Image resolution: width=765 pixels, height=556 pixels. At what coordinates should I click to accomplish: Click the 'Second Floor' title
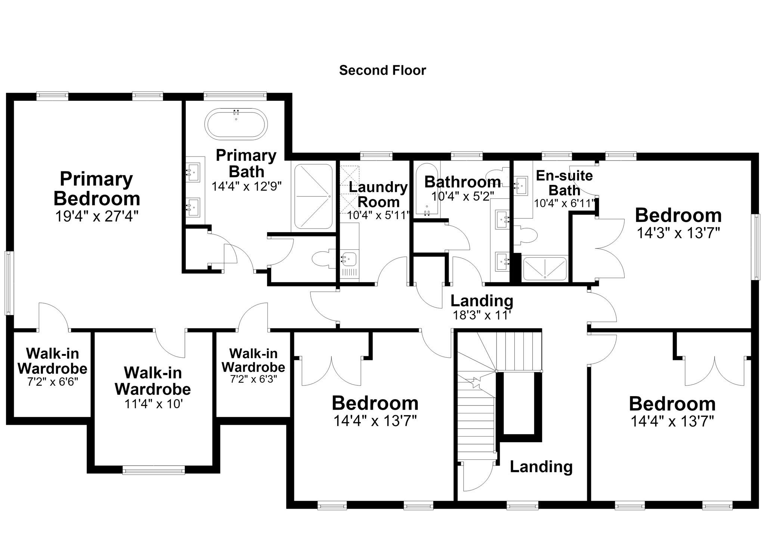382,70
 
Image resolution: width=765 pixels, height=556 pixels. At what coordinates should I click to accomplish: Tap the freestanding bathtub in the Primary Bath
236,124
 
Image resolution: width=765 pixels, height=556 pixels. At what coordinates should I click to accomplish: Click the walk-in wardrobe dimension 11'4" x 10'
154,404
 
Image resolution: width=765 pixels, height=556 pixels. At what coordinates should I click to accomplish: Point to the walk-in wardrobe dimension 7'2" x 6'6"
52,382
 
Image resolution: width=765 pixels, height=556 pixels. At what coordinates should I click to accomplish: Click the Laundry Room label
378,194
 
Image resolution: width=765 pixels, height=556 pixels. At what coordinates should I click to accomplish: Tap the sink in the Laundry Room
349,258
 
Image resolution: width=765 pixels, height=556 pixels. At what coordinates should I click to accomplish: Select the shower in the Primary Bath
313,196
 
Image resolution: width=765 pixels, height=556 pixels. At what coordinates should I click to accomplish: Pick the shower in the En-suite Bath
545,268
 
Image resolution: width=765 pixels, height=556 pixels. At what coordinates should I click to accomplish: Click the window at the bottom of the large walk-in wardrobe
154,470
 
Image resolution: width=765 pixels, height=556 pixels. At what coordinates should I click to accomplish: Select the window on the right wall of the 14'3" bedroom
756,247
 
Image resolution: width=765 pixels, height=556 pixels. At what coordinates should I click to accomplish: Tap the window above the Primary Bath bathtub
235,96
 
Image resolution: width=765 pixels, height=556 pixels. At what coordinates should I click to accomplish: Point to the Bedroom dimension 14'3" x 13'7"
678,233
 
